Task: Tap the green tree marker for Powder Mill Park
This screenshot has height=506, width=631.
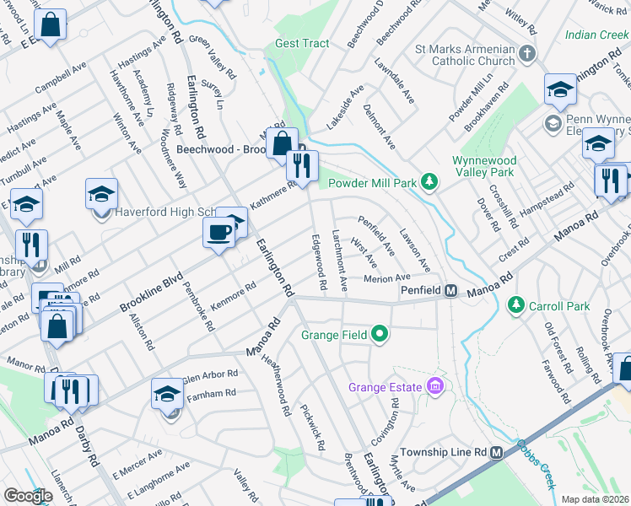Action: (x=429, y=181)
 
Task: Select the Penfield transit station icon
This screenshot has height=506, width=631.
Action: (x=451, y=291)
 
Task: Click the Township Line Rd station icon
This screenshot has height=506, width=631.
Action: (x=498, y=452)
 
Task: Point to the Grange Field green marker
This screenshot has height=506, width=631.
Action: (x=380, y=335)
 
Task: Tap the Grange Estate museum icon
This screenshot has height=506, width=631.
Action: (x=435, y=387)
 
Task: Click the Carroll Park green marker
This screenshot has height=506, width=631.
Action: (x=515, y=305)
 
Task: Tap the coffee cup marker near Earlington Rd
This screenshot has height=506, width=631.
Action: (x=219, y=231)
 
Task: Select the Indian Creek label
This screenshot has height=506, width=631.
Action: (x=596, y=35)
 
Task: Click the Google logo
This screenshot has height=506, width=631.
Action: (x=28, y=497)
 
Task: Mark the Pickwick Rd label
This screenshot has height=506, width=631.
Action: (x=312, y=425)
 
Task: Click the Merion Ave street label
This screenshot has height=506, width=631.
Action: (x=386, y=278)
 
